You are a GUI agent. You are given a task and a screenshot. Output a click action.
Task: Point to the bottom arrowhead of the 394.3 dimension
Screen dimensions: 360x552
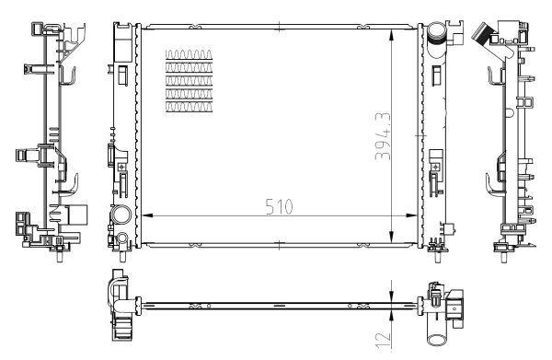[x=393, y=242]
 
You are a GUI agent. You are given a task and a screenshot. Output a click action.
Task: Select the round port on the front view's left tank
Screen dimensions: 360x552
[x=121, y=216]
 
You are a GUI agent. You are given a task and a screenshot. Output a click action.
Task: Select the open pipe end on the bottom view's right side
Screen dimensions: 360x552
[x=458, y=304]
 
